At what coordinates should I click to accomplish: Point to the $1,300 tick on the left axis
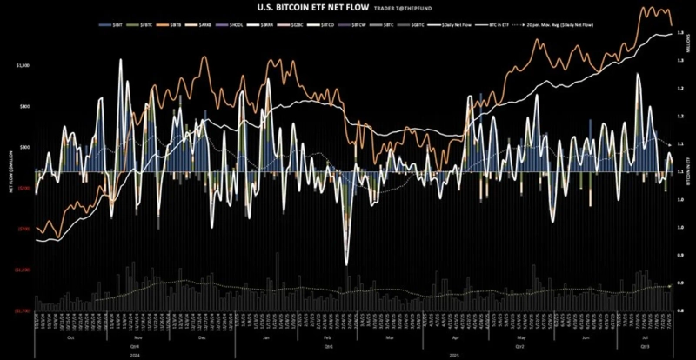point(22,65)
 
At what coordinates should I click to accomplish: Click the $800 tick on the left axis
point(23,106)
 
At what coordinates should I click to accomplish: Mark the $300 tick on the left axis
point(23,148)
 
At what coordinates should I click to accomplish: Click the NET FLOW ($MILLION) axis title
point(10,187)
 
